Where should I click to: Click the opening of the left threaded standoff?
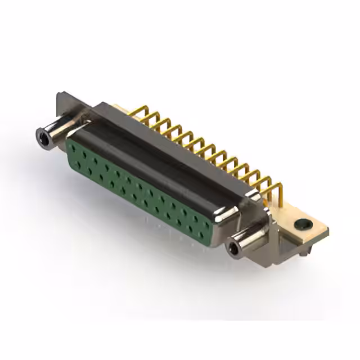click(x=41, y=135)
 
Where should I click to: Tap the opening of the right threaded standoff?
click(x=233, y=247)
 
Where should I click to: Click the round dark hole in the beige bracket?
click(x=303, y=224)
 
